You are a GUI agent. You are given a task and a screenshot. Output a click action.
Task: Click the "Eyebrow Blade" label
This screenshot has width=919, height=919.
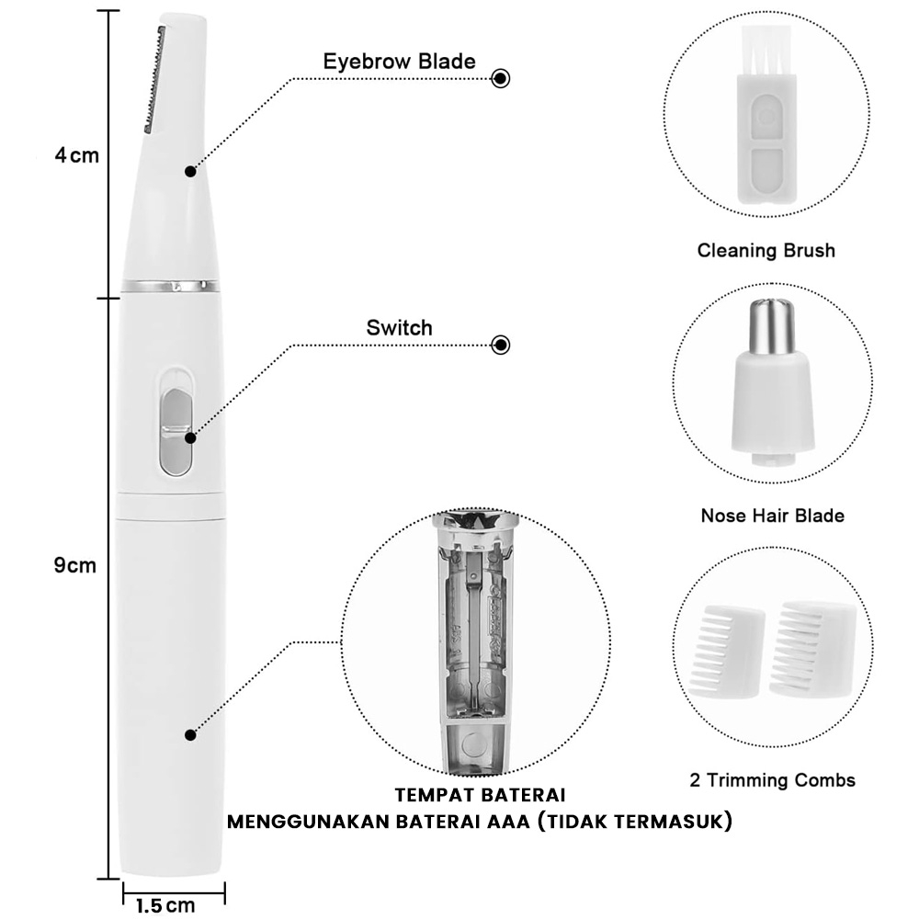399,62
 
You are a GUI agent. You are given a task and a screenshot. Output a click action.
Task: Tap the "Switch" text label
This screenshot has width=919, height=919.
399,328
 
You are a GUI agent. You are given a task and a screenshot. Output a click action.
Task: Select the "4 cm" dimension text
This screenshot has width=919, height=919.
77,156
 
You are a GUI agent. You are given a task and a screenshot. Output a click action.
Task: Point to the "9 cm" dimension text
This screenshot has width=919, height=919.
75,565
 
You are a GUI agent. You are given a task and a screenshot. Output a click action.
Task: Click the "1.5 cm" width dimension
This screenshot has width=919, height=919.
165,905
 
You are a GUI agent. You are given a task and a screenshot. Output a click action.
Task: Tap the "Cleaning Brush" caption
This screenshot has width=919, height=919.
766,251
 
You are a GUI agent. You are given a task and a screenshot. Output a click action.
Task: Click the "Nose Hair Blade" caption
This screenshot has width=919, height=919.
773,516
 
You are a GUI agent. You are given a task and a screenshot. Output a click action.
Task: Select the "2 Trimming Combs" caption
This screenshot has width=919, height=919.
773,780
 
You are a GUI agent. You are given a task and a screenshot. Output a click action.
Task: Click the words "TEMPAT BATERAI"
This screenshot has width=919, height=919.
480,795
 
